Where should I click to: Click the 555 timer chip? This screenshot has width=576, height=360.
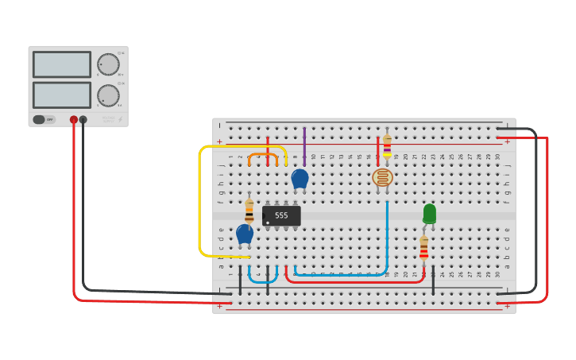tap(281, 215)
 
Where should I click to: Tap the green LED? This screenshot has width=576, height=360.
tap(429, 213)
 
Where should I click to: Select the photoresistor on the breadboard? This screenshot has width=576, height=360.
tap(382, 177)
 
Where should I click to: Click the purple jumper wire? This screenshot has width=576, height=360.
tap(304, 148)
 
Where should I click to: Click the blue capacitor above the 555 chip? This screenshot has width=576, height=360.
tap(300, 179)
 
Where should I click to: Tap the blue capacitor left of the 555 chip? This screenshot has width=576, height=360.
tap(245, 234)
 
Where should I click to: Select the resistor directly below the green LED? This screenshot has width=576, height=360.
tap(423, 248)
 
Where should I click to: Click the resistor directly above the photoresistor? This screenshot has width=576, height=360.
tap(387, 144)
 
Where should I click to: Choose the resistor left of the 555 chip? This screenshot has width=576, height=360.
tap(249, 211)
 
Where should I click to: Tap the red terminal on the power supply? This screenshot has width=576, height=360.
tap(74, 120)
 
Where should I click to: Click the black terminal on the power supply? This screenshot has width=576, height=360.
tap(83, 120)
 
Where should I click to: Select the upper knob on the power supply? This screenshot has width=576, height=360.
tap(108, 64)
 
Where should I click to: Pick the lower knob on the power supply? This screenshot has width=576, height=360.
tap(108, 95)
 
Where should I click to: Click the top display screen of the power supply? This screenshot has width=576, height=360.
tap(62, 64)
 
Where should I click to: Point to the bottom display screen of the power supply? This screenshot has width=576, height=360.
tap(62, 95)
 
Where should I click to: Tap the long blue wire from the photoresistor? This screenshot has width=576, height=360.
tap(387, 238)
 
